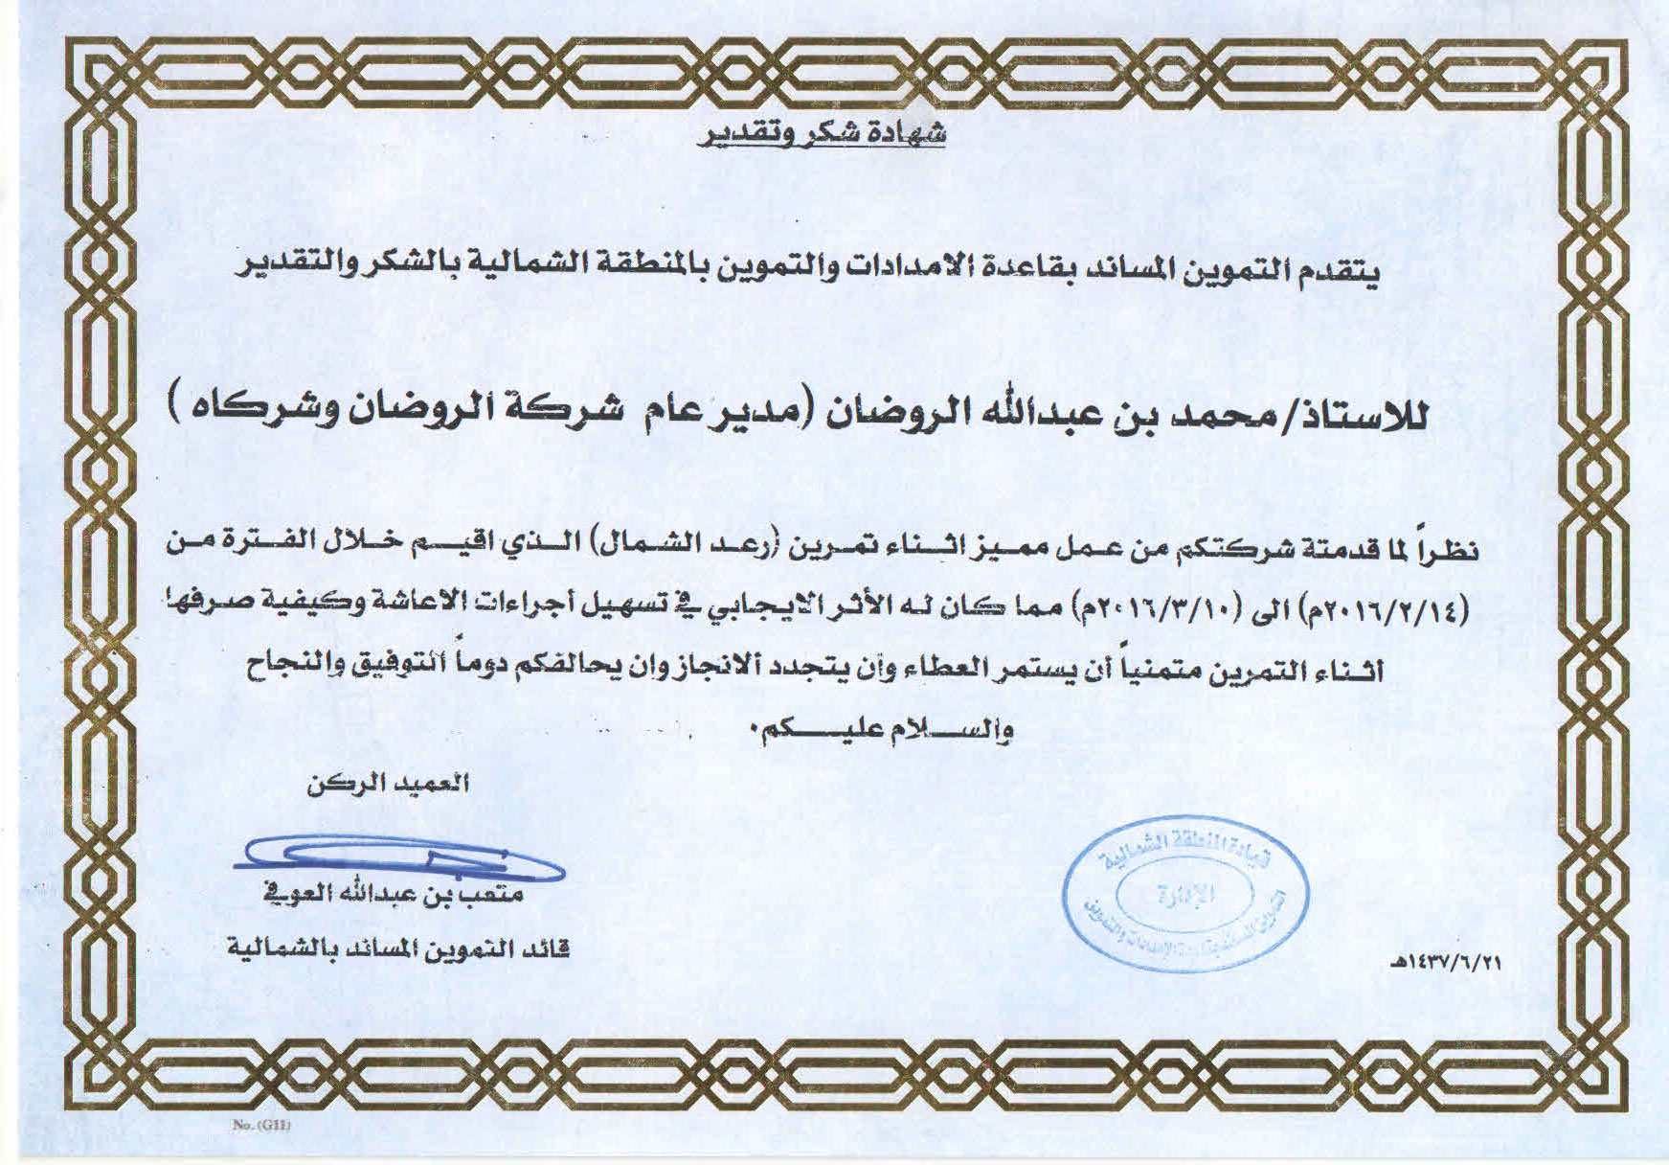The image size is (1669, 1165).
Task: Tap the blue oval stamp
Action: [1185, 893]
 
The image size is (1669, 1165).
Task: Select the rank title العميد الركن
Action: [388, 784]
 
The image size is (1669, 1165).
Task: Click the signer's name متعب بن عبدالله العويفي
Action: [394, 895]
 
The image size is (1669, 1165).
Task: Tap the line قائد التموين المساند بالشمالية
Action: [398, 949]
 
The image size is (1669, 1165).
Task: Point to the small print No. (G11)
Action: [261, 1125]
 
